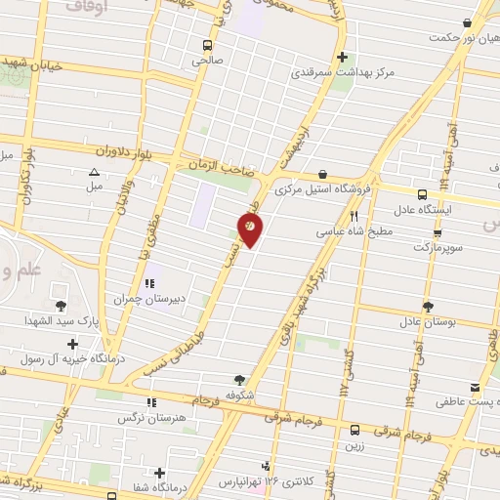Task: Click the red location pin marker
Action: pos(251,229)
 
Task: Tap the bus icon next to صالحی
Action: pos(206,45)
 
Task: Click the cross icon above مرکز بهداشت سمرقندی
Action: pos(341,56)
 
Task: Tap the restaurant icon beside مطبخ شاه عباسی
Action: pos(354,217)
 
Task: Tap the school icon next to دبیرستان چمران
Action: pos(149,284)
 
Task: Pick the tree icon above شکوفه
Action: pos(241,380)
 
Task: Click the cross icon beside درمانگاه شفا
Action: pos(158,473)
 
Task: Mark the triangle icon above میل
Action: pos(94,172)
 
